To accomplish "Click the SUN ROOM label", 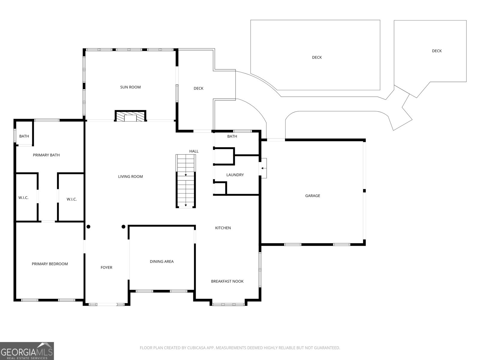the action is point(130,87).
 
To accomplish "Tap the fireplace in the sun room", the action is point(130,116).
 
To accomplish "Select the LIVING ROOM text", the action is point(130,177).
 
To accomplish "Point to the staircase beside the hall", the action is point(186,181).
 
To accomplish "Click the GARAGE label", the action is point(313,196).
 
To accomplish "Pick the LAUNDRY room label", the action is point(235,175).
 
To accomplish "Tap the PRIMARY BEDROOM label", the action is point(50,264).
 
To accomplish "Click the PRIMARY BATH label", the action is point(46,155).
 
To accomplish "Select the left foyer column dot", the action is point(88,227).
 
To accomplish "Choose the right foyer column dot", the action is point(123,227).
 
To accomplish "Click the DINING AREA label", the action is point(162,262).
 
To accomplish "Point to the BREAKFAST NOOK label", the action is point(227,281).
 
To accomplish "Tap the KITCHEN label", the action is point(223,228).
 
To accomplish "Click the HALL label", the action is point(194,151).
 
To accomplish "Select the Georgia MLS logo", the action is point(27,351).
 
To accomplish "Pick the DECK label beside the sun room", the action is point(198,88).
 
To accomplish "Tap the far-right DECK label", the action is point(437,51).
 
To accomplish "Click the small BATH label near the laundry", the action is point(232,136).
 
